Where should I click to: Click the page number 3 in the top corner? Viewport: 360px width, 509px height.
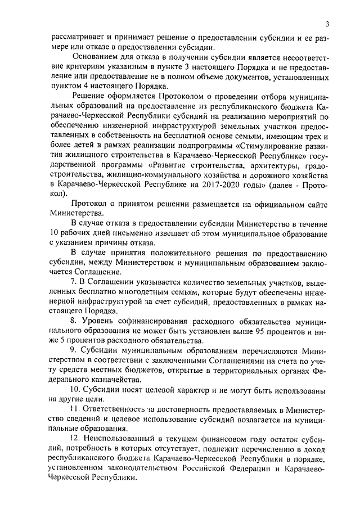click(326, 23)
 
